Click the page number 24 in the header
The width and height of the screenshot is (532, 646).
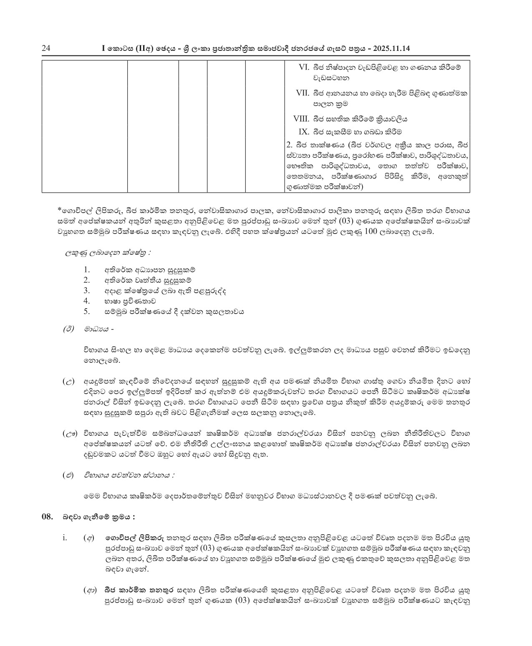[46, 49]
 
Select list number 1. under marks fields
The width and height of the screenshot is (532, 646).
[87, 270]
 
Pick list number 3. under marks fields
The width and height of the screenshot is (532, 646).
[87, 291]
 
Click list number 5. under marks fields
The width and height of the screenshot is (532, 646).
[87, 312]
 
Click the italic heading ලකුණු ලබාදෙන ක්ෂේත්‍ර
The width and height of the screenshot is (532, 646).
[107, 253]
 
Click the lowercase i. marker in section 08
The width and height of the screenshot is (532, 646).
[65, 538]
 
